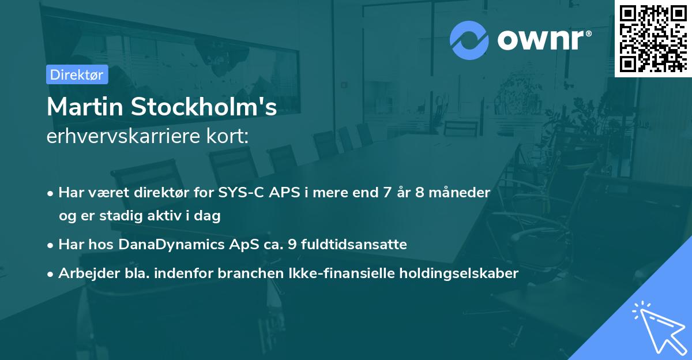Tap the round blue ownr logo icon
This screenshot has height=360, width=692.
tap(469, 40)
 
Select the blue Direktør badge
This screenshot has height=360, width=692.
tap(77, 74)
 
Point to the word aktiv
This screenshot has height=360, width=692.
tap(164, 216)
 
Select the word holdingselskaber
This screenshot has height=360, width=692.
tap(460, 273)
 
